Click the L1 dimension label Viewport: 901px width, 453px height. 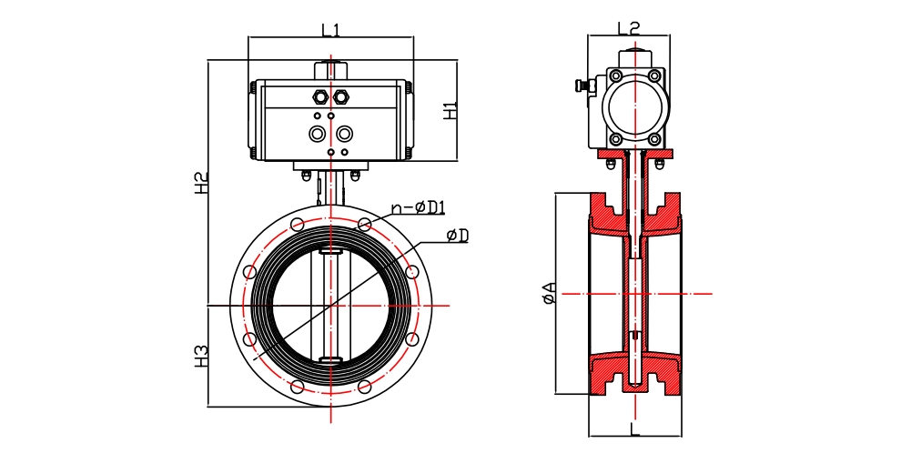click(330, 29)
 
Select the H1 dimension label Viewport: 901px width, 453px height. click(450, 111)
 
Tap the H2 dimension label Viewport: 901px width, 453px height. click(201, 182)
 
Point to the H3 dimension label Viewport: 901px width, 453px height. click(201, 356)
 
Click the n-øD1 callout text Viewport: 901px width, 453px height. click(418, 208)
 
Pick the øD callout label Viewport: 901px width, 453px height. click(458, 237)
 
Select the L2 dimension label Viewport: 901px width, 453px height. click(629, 27)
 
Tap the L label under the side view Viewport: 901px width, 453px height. click(634, 427)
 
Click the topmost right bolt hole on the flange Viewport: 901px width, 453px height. click(364, 224)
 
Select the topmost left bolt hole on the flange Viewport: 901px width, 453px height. click(297, 224)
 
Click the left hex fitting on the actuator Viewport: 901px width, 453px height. click(319, 96)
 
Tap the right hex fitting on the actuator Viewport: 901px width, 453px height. click(342, 96)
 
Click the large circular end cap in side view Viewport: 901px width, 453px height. click(634, 106)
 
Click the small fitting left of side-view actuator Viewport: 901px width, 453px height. click(582, 86)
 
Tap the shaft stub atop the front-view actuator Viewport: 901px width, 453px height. click(330, 70)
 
